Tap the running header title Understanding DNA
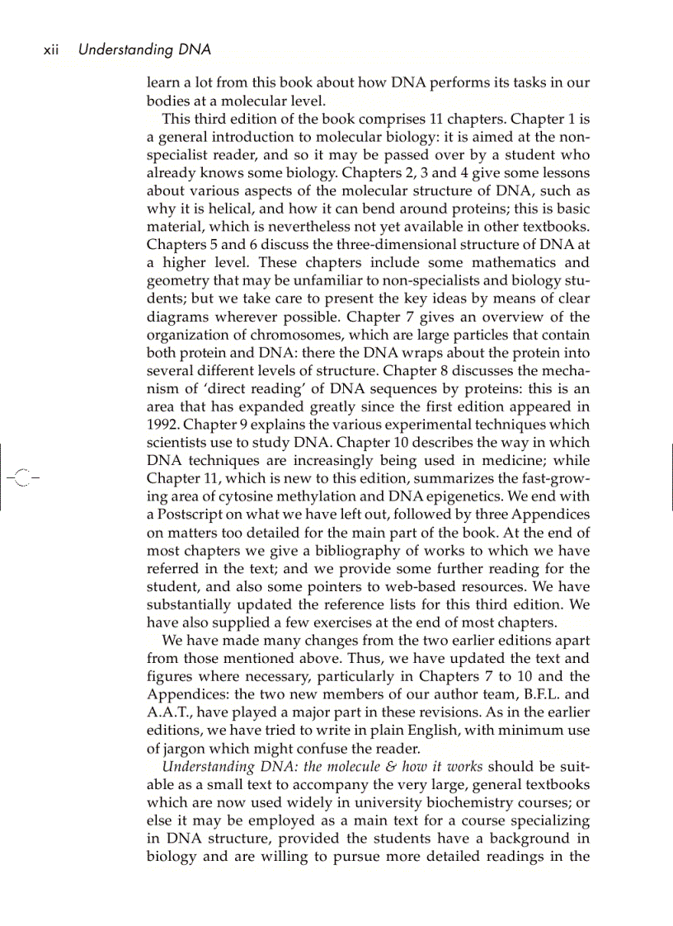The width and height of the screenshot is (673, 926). [x=144, y=50]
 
